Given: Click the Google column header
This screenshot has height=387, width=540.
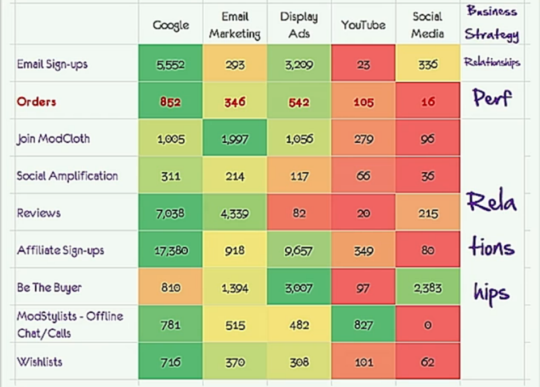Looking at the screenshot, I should pyautogui.click(x=170, y=25).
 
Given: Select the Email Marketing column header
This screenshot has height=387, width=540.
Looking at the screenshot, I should pyautogui.click(x=234, y=25).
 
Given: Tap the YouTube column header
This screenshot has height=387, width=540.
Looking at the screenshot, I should pyautogui.click(x=363, y=25).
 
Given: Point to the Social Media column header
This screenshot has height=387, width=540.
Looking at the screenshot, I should pyautogui.click(x=427, y=25).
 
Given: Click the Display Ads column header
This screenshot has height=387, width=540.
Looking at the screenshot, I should pyautogui.click(x=299, y=25).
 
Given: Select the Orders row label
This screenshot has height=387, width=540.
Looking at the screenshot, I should pyautogui.click(x=36, y=102).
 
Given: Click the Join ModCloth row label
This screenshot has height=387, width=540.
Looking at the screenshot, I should pyautogui.click(x=53, y=139).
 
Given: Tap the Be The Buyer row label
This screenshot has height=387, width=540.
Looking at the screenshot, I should pyautogui.click(x=49, y=287).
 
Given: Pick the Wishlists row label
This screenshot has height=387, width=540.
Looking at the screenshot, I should pyautogui.click(x=40, y=362).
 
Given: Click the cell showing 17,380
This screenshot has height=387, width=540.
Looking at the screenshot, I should pyautogui.click(x=170, y=250).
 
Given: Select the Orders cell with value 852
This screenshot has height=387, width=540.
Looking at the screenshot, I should pyautogui.click(x=170, y=102).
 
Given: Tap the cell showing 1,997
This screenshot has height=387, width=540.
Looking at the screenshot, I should pyautogui.click(x=234, y=139).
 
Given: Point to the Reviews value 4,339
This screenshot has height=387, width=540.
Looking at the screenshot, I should pyautogui.click(x=234, y=214).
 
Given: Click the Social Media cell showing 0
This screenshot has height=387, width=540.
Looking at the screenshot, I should pyautogui.click(x=428, y=325).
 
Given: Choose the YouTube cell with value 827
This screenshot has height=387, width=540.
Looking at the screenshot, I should pyautogui.click(x=363, y=325).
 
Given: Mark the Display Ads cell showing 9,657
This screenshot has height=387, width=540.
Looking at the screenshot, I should pyautogui.click(x=299, y=250).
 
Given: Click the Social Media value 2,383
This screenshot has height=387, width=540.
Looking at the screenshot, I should pyautogui.click(x=428, y=287).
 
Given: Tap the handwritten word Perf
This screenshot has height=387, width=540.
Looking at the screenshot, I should pyautogui.click(x=492, y=99).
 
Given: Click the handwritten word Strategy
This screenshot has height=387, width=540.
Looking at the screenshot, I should pyautogui.click(x=492, y=34).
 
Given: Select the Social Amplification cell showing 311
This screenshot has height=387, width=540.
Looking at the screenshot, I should pyautogui.click(x=170, y=176).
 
